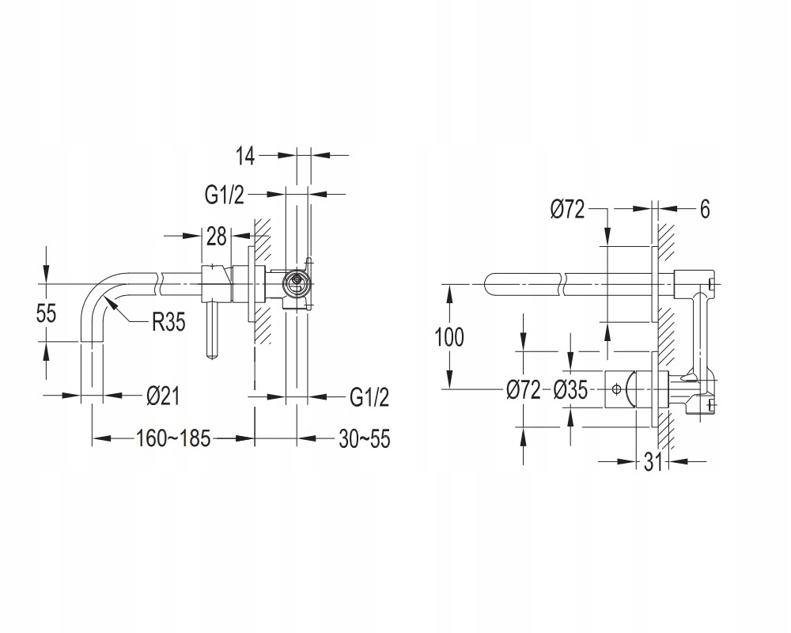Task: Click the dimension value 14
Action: (x=246, y=156)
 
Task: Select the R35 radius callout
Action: (x=169, y=321)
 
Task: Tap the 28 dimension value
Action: (x=217, y=237)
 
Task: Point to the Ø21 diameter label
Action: (x=163, y=396)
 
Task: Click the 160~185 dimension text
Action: (x=172, y=438)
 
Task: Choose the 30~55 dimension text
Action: (x=364, y=438)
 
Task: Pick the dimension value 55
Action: (x=46, y=313)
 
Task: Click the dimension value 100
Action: (x=449, y=337)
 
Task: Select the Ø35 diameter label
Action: (x=570, y=390)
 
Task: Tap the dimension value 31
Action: (x=653, y=462)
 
